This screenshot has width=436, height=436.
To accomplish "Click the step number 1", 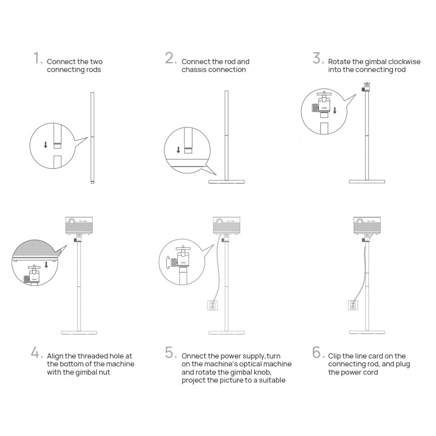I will tap(37, 58).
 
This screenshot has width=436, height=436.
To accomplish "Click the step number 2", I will tap(170, 58).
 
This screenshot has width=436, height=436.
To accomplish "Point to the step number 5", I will tap(170, 353).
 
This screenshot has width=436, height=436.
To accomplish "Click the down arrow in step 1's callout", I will tap(45, 145).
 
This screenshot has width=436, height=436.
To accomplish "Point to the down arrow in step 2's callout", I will tap(178, 150).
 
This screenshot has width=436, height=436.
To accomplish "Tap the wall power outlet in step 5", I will tap(213, 306).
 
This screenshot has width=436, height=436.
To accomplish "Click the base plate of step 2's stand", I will tap(227, 182).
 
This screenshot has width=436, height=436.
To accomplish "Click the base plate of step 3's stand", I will tap(367, 182).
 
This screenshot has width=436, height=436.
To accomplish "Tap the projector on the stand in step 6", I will tap(367, 224).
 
